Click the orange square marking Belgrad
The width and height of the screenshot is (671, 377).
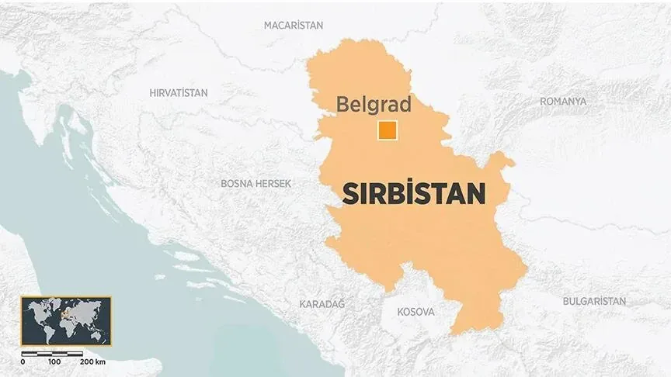point(387,131)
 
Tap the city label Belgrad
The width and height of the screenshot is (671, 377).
point(373,105)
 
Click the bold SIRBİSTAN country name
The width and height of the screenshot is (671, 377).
point(414,193)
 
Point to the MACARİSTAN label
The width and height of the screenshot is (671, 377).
point(294,25)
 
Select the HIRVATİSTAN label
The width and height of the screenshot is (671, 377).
point(179,93)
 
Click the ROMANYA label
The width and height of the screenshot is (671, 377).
point(563,102)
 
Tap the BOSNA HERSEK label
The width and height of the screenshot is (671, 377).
point(256,184)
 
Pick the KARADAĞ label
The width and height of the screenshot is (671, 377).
point(322,305)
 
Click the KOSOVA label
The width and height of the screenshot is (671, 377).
point(415,312)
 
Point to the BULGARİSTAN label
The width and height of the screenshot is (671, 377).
point(594,300)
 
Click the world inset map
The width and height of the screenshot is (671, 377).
point(65,320)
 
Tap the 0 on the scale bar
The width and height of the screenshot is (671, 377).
point(23,362)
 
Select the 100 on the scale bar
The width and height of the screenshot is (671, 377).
point(54,362)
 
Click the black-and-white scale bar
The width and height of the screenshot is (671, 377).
point(53,353)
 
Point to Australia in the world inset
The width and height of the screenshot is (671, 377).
point(98,334)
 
